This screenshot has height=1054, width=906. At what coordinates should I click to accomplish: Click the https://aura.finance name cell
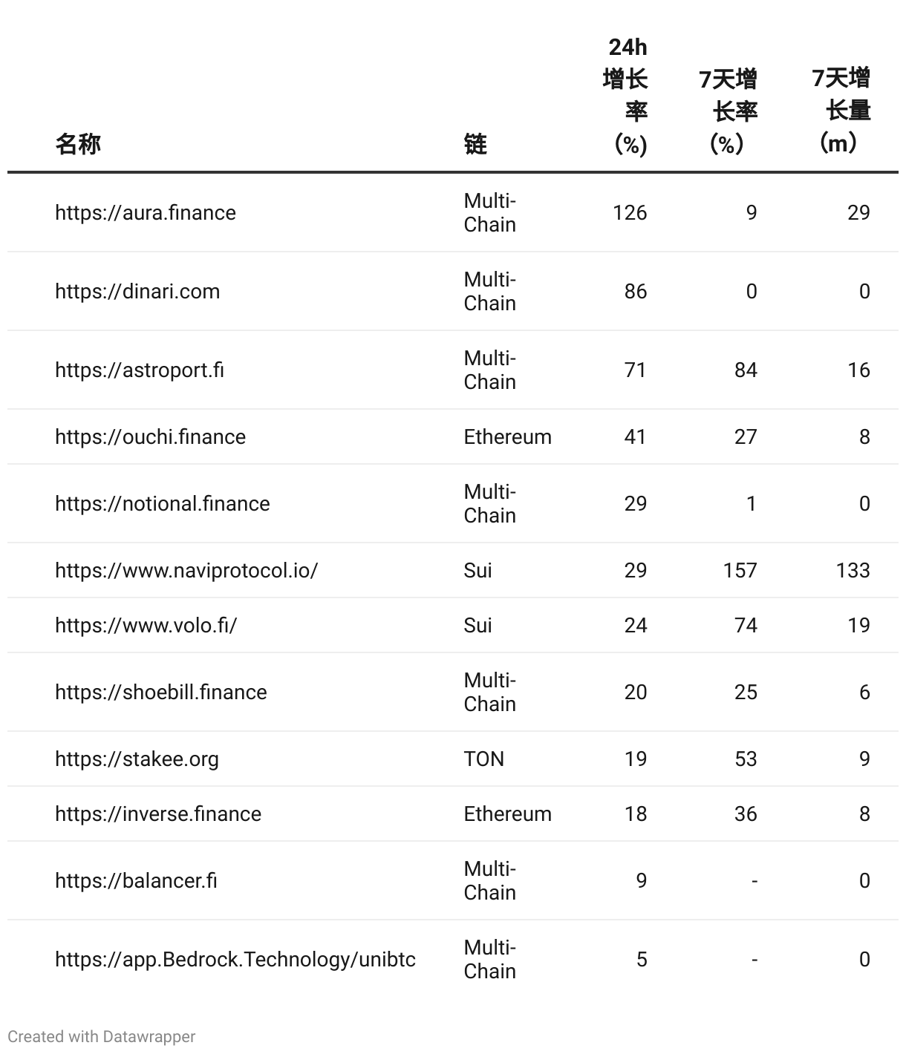click(x=146, y=213)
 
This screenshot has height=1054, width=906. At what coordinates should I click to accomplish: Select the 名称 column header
click(x=78, y=143)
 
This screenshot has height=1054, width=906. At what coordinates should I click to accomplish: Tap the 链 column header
click(x=475, y=143)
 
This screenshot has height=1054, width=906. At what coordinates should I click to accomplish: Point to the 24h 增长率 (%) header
click(x=626, y=96)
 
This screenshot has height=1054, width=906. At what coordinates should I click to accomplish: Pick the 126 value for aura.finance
click(x=630, y=213)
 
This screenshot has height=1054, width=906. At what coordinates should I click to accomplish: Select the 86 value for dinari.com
click(x=636, y=292)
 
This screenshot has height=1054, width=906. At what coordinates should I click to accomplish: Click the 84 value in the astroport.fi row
click(x=746, y=370)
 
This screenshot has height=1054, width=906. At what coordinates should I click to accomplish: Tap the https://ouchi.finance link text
click(x=150, y=437)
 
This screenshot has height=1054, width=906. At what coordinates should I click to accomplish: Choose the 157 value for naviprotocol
click(x=740, y=571)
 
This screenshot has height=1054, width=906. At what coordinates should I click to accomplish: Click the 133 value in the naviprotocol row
click(x=853, y=571)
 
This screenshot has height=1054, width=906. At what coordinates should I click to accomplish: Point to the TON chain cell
click(x=484, y=759)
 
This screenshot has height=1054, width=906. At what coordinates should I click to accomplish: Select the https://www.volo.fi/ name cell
click(x=146, y=626)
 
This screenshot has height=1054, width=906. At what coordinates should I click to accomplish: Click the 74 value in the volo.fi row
click(x=746, y=626)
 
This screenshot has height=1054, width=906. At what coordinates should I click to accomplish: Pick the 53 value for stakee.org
click(x=746, y=759)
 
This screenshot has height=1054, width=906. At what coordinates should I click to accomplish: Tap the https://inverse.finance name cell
click(x=158, y=814)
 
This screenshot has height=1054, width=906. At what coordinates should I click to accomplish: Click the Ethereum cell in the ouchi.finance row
click(x=508, y=437)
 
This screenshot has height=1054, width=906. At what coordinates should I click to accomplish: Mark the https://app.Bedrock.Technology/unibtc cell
click(x=235, y=960)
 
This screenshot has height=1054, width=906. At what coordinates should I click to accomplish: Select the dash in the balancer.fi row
click(x=755, y=881)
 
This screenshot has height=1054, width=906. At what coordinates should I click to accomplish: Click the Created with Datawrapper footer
click(x=102, y=1037)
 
